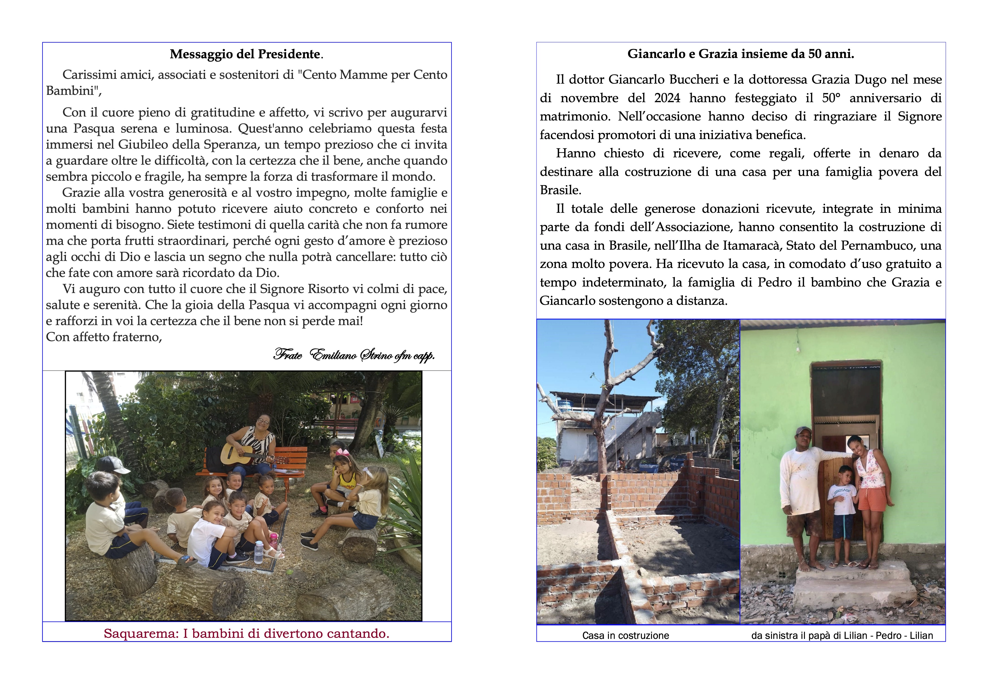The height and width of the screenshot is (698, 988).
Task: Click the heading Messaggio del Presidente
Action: point(246,54)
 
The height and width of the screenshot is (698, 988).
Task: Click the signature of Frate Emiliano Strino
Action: point(354,355)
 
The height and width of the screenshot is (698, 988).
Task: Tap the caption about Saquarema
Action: point(246,634)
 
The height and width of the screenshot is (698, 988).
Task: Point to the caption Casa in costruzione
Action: point(625,636)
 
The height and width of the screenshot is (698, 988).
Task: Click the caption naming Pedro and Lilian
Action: point(842,636)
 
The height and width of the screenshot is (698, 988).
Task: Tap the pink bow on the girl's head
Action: point(342,452)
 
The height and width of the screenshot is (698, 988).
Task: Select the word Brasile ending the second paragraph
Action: point(560,190)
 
